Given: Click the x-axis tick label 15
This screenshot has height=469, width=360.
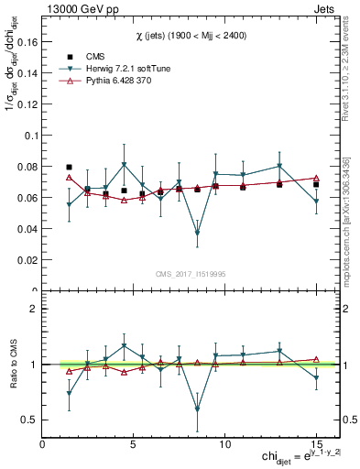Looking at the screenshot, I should point(316,445).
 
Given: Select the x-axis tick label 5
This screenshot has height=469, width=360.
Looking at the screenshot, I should point(134,445).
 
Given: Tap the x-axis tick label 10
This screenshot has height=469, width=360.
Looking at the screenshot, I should point(224,445).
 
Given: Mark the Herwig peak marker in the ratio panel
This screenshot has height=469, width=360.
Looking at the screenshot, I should point(124,346).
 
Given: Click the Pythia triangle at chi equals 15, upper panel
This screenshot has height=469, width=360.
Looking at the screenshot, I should point(316,178).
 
